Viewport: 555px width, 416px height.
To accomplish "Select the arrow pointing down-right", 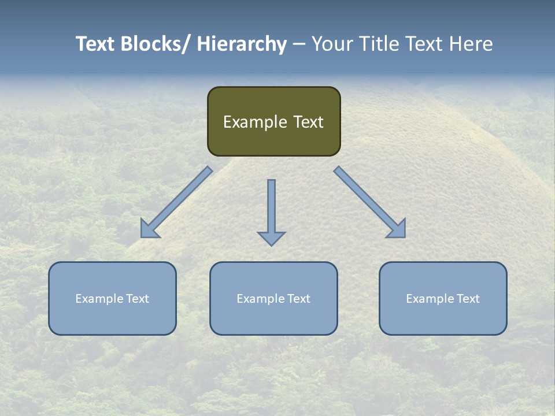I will [369, 202].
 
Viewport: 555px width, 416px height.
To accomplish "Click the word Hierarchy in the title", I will [242, 44].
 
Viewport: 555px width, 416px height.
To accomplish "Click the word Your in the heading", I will [332, 44].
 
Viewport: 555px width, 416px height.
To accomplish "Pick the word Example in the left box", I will [99, 299].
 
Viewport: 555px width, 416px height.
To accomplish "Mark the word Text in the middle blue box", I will [298, 299].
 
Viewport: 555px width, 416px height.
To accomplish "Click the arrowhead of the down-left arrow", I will [149, 230].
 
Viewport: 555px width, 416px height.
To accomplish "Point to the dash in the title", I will [298, 44].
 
